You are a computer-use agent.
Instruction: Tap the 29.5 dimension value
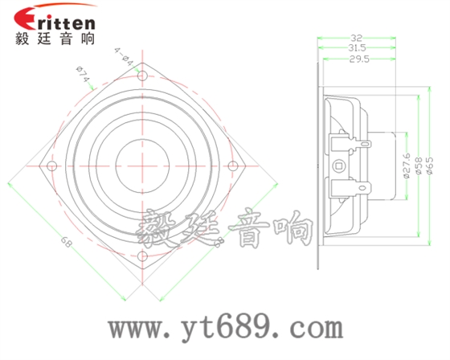(x=359, y=59)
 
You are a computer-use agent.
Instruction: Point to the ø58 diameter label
(x=418, y=166)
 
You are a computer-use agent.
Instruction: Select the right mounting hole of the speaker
(x=234, y=166)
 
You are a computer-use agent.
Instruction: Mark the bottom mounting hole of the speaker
(x=143, y=258)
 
